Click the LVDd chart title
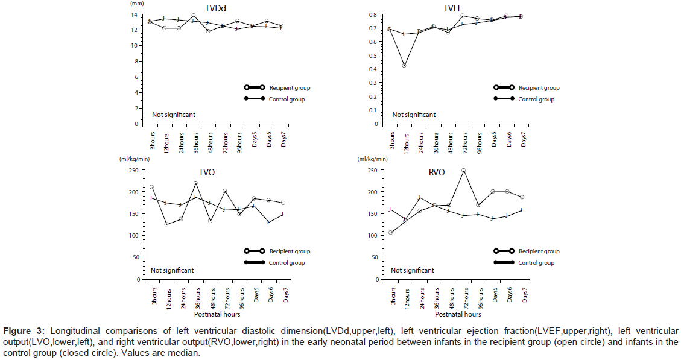coord(212,8)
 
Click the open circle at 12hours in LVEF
coord(404,65)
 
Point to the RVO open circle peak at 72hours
coord(463,171)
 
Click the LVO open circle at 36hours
coord(195,183)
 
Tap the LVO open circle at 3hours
coord(151,188)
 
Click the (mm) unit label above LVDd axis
coord(137,4)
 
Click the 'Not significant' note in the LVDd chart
coord(174,115)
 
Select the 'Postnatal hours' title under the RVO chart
coord(458,314)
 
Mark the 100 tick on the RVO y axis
coord(375,236)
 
